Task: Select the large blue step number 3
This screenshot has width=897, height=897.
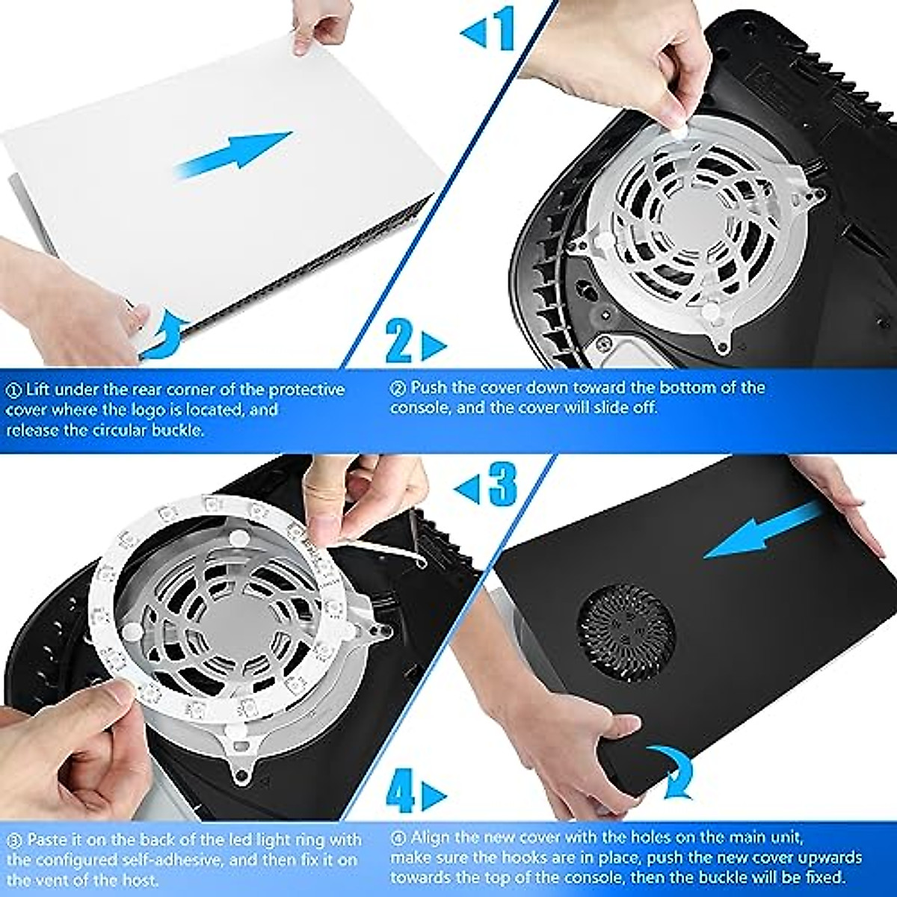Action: click(x=503, y=484)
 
